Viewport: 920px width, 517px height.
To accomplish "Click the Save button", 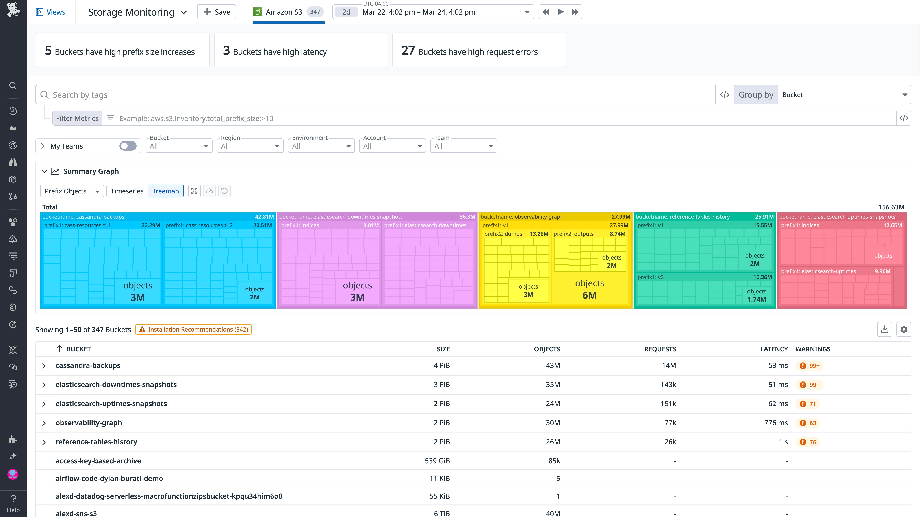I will tap(216, 12).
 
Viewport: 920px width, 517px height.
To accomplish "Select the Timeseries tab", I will tap(127, 191).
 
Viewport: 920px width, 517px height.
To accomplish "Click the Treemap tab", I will tap(165, 191).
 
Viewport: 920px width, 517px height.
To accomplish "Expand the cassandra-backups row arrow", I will tap(44, 366).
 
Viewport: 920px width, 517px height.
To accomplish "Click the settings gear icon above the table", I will tap(904, 329).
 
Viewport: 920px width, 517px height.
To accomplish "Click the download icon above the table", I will tap(884, 329).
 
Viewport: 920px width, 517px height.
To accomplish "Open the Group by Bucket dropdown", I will tap(844, 95).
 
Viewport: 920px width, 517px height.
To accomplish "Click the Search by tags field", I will tap(375, 95).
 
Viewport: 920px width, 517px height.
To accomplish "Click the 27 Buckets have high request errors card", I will tap(479, 50).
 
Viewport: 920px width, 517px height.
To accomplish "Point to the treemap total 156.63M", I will tap(891, 207).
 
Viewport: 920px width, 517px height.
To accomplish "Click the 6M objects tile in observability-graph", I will tap(589, 289).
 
